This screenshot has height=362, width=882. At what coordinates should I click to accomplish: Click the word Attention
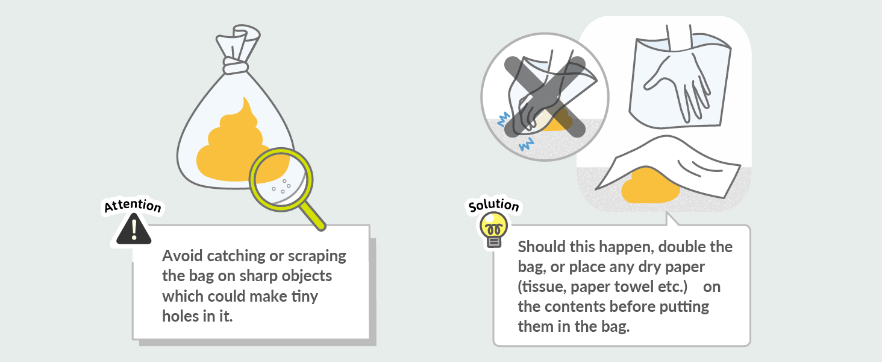(133, 206)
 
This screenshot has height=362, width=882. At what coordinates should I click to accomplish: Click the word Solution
(494, 205)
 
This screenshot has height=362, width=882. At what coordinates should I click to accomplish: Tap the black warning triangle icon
(134, 229)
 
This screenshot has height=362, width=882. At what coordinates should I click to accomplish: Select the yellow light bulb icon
(494, 230)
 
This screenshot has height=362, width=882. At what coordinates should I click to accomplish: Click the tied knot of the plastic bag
(236, 66)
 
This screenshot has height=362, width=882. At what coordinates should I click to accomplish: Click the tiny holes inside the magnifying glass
(282, 186)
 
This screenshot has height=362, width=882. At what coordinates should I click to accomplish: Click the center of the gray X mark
(545, 97)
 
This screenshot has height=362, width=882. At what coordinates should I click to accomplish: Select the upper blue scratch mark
(504, 119)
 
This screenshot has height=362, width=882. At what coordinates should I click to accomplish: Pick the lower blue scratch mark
(526, 144)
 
